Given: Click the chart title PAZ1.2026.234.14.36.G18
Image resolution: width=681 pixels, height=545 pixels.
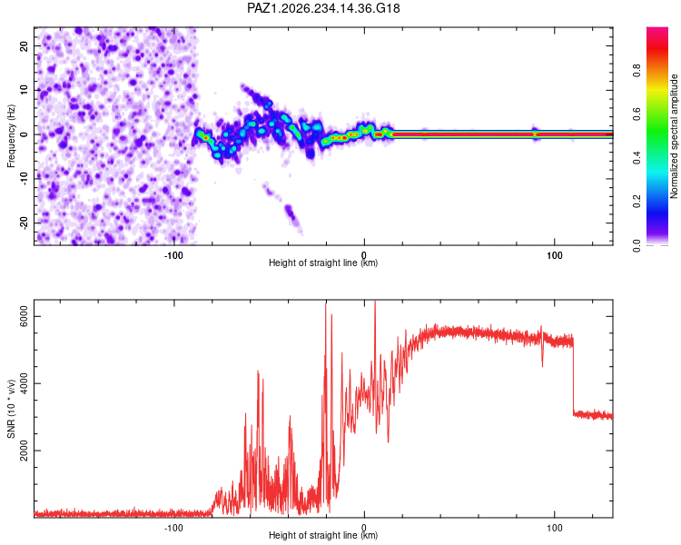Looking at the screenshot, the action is tap(323, 8).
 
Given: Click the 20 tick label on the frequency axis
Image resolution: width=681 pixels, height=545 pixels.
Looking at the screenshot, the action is tap(25, 46).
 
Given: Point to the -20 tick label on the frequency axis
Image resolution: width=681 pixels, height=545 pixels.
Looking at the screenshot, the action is tap(25, 223).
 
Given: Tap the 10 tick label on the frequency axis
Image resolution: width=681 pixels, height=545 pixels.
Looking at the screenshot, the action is tap(25, 90).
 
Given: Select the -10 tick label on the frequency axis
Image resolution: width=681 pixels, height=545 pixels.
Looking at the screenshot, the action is tap(25, 178).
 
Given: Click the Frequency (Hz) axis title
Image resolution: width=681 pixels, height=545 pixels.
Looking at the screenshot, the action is tap(11, 136).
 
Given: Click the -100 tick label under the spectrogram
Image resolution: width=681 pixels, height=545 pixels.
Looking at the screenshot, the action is tap(173, 255).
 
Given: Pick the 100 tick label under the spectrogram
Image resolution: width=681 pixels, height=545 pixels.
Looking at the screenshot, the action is tap(555, 255).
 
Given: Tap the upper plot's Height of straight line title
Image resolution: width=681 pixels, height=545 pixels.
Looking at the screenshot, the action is tap(323, 263).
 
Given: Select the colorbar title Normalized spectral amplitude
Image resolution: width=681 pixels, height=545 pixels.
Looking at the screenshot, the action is tap(674, 136).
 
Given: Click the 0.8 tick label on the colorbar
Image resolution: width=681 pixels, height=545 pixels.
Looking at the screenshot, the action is tap(637, 70).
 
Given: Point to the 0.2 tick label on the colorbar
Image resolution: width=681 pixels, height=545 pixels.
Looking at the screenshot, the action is tap(637, 202).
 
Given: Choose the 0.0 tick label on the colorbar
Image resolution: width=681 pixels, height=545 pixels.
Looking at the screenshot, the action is tap(637, 245).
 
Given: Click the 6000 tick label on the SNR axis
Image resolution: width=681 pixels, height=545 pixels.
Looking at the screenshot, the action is tap(25, 316).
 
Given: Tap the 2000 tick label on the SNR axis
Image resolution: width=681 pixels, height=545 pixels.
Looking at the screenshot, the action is tap(25, 451).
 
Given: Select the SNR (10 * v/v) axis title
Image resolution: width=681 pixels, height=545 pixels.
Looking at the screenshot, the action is tap(11, 409).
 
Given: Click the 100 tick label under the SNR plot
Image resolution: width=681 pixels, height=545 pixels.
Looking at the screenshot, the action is tap(555, 528).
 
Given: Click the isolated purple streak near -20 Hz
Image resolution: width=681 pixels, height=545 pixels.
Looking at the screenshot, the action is tap(283, 208).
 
